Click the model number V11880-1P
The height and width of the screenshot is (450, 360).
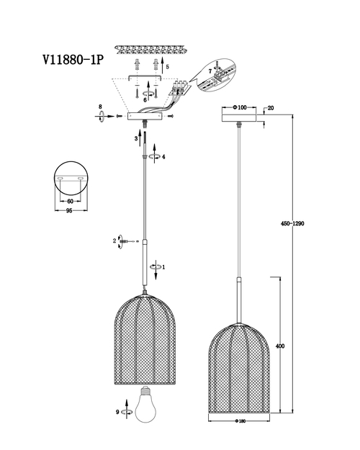[x=73, y=60]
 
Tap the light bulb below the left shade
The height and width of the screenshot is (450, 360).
[x=146, y=404]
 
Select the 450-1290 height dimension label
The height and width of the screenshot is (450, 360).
[x=292, y=224]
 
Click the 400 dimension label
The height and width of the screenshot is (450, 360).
[x=280, y=346]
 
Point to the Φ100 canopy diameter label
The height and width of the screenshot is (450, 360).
[x=240, y=107]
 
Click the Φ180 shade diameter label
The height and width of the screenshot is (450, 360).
[x=240, y=421]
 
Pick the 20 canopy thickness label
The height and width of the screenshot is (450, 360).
[x=271, y=108]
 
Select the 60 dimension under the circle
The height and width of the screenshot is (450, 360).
[x=71, y=202]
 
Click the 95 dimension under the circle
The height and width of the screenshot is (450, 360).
[x=69, y=211]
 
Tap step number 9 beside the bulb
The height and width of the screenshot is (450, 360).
[x=117, y=412]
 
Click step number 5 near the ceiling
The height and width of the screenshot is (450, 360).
[x=168, y=67]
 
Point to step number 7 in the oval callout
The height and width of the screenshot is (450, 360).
[x=210, y=71]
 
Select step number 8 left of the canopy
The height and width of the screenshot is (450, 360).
[x=100, y=107]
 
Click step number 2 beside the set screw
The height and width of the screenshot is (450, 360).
[x=114, y=240]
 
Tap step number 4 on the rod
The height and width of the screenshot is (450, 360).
[x=163, y=157]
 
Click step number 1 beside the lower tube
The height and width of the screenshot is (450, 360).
[x=163, y=267]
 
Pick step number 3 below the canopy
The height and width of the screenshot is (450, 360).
[x=136, y=139]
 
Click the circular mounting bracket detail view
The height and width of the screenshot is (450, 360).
[x=71, y=179]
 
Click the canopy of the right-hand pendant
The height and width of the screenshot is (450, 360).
[x=239, y=118]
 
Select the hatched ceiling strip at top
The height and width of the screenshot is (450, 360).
[x=150, y=50]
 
